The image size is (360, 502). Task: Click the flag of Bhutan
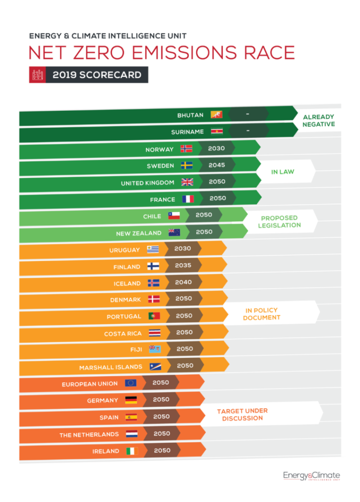217,114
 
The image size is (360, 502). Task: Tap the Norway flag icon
186,149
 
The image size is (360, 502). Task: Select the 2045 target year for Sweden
217,165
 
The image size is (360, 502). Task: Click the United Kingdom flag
187,182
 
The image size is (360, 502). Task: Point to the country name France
162,199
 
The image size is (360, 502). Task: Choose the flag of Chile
174,216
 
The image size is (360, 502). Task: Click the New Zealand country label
139,233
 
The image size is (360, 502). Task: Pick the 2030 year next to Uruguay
183,249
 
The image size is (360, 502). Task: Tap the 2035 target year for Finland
183,266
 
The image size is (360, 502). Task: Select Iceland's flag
154,283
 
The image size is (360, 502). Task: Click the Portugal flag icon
154,316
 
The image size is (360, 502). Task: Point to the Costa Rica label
122,334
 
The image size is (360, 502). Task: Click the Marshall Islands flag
155,366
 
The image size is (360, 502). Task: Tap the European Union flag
131,383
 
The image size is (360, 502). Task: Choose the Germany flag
131,400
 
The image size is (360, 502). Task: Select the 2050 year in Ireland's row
162,450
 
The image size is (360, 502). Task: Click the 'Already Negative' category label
319,121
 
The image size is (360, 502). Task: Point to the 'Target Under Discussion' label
242,414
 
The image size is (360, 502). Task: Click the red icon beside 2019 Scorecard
37,75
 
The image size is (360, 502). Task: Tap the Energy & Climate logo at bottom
311,476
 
